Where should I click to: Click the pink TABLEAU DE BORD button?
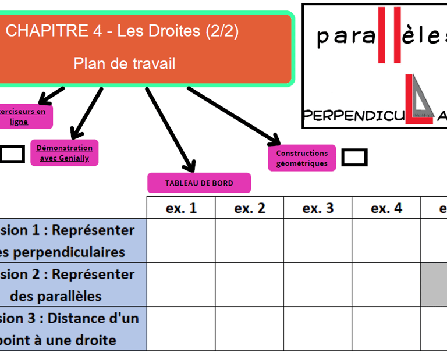tap(199, 183)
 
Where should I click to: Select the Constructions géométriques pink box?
tap(301, 158)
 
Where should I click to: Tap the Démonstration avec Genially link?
tap(65, 153)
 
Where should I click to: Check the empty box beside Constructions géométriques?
tap(354, 158)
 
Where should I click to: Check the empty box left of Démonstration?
tap(12, 154)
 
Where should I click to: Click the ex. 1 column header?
tap(181, 208)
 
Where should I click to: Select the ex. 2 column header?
tap(249, 208)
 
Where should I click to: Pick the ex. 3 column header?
tap(318, 208)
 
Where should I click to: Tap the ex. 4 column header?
tap(386, 208)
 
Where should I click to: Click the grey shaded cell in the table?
tap(434, 284)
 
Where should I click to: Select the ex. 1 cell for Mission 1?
tap(181, 240)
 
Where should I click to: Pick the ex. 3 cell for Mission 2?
tap(318, 284)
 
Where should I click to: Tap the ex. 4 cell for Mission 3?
tap(386, 329)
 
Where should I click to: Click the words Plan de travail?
tap(124, 63)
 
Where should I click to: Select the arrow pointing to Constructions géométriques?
tap(233, 115)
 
